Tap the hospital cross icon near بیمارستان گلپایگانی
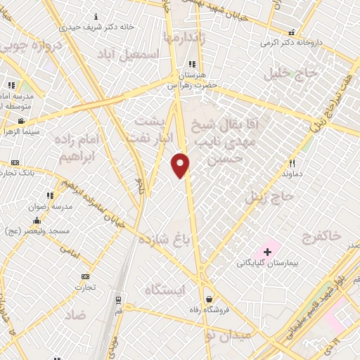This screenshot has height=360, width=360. click(267, 251)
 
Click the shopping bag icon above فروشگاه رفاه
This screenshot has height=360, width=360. click(208, 298)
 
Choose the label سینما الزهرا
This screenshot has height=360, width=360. click(20, 131)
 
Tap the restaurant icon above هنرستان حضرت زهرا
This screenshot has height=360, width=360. click(191, 65)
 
